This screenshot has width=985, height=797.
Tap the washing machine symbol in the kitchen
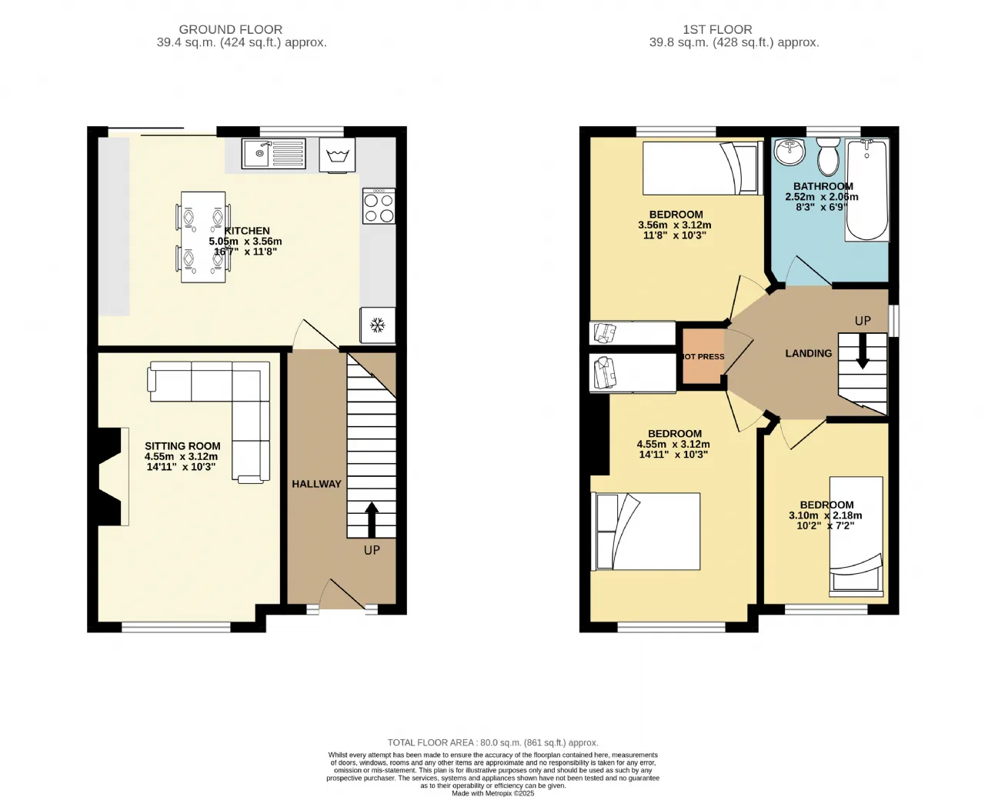pos(337,155)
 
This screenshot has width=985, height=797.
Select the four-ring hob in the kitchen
pos(379,205)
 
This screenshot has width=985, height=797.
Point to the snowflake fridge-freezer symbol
pos(378,325)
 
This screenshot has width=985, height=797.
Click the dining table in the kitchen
pos(203,237)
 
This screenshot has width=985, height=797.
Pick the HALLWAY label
pos(316,484)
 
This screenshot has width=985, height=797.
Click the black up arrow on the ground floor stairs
pos(372,520)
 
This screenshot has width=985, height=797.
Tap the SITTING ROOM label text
pos(182,446)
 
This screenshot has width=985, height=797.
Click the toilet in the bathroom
pos(828,157)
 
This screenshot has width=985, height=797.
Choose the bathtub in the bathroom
pos(867,189)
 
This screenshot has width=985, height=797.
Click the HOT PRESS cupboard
pos(703,356)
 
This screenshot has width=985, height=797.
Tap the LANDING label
pos(808,353)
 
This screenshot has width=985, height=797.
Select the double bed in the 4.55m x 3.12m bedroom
pos(646,531)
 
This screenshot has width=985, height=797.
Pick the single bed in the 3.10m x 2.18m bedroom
pos(856,536)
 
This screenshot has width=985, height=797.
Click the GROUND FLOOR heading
pos(230,29)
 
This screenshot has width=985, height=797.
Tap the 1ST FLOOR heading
pos(717,29)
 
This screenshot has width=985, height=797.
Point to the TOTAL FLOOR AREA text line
pos(493,742)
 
